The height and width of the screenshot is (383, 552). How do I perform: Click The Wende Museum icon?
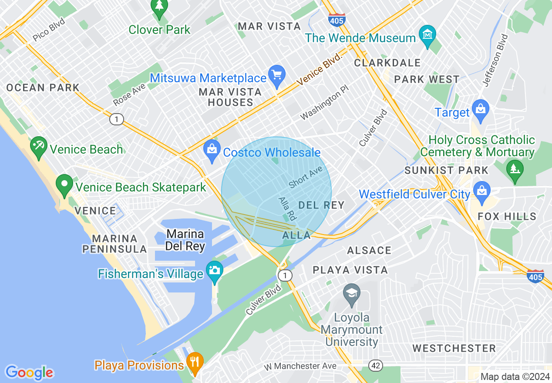tap(427, 34)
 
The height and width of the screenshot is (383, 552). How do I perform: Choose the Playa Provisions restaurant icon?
tap(195, 362)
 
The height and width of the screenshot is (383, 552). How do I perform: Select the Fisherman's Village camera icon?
tap(214, 270)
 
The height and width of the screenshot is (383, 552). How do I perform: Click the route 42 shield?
tap(375, 366)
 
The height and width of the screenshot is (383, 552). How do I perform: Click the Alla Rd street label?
tap(287, 208)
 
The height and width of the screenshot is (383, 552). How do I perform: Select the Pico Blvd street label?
tap(49, 30)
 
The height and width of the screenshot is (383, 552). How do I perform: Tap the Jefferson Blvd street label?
tap(495, 60)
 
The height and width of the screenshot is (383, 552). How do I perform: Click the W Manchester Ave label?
tap(300, 366)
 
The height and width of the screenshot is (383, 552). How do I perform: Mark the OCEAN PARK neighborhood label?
tap(43, 87)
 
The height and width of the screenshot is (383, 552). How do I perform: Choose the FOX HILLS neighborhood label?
tap(507, 216)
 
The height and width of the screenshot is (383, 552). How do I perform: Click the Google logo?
tap(29, 373)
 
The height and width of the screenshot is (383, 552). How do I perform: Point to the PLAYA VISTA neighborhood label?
tap(350, 270)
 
